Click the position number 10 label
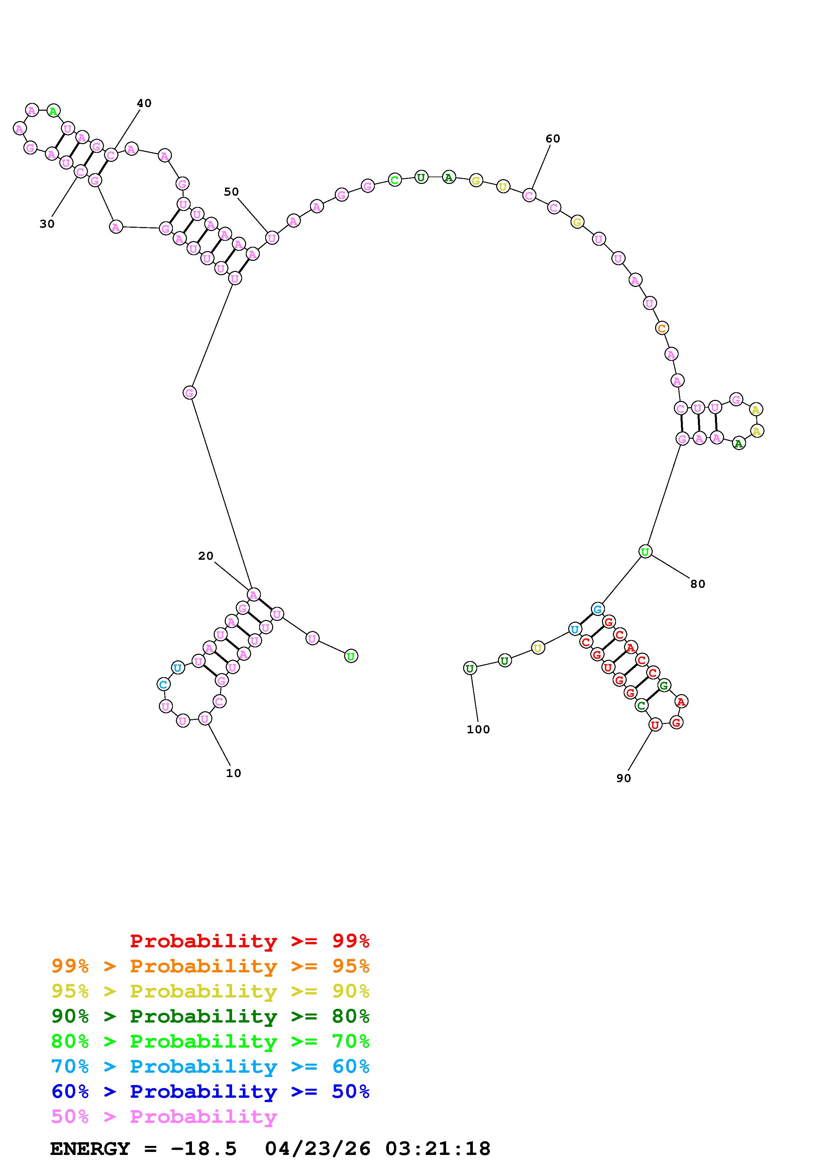(x=233, y=773)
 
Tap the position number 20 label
(x=206, y=556)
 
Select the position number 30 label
(x=47, y=224)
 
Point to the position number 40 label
(x=144, y=103)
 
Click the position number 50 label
(x=231, y=192)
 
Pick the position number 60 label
(x=553, y=138)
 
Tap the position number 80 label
(x=698, y=584)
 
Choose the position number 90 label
(x=624, y=778)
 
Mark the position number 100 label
(x=478, y=730)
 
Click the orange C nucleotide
(x=661, y=328)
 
